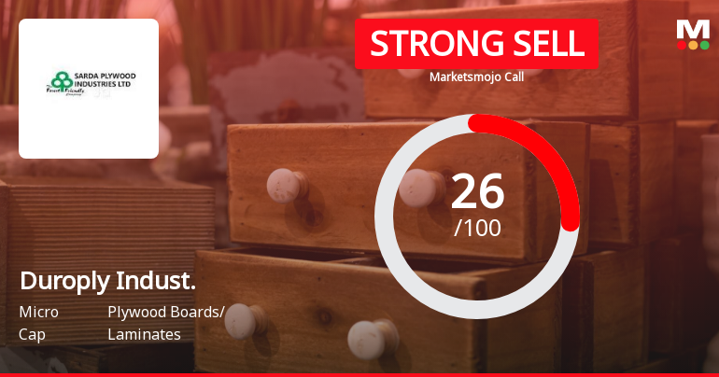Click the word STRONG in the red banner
coord(423,44)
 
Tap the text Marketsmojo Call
coord(476,77)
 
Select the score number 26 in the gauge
coord(477,192)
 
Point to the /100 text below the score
coord(477,227)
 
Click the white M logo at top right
coord(693,29)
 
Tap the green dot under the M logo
coord(682,45)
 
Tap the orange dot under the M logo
coord(693,45)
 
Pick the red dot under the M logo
coord(704,45)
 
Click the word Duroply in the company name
coord(63,281)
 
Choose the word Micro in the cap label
coord(38,312)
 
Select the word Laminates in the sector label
coord(144,333)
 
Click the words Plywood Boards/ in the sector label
coord(166,312)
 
